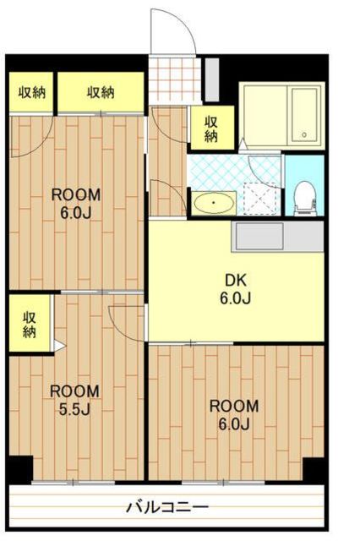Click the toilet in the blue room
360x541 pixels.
pyautogui.click(x=305, y=198)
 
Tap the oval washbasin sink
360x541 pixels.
pyautogui.click(x=214, y=203)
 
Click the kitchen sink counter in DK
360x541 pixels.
pyautogui.click(x=277, y=237)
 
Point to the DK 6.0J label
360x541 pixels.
pyautogui.click(x=236, y=289)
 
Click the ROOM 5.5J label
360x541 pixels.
pyautogui.click(x=74, y=400)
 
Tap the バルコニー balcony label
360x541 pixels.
pyautogui.click(x=167, y=507)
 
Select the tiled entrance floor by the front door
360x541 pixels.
pyautogui.click(x=175, y=80)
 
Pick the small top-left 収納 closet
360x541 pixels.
pyautogui.click(x=31, y=92)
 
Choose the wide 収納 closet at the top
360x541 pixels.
pyautogui.click(x=101, y=92)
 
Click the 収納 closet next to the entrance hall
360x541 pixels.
pyautogui.click(x=212, y=128)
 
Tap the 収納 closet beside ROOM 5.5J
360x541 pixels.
pyautogui.click(x=30, y=324)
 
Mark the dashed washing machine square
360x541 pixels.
pyautogui.click(x=260, y=199)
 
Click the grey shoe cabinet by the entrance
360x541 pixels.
pyautogui.click(x=212, y=79)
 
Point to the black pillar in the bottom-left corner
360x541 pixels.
pyautogui.click(x=20, y=469)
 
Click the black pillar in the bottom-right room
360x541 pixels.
pyautogui.click(x=314, y=469)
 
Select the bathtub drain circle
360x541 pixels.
pyautogui.click(x=304, y=135)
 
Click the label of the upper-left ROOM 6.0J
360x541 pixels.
pyautogui.click(x=76, y=204)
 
